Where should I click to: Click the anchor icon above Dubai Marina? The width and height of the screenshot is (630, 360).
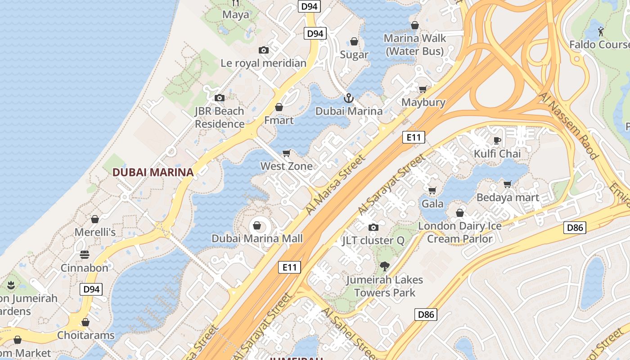coord(348,98)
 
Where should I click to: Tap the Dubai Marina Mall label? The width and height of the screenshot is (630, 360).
coord(257,238)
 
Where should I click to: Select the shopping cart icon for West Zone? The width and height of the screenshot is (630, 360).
coord(287,153)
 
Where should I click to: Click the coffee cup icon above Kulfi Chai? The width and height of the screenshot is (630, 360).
coord(497,140)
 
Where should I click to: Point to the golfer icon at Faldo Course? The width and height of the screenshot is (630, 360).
coord(601,31)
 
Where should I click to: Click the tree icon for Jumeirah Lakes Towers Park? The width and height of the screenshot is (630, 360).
coord(384,266)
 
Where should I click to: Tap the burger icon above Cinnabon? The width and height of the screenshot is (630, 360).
coord(84,255)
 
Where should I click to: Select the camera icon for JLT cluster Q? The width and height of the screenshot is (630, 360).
coord(373,227)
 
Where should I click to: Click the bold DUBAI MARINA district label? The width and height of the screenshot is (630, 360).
coord(153,172)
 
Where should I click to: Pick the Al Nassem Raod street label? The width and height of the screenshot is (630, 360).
coord(569,126)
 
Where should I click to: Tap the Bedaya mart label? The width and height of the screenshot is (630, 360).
coord(508,198)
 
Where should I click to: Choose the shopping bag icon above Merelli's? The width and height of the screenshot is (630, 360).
coord(95,219)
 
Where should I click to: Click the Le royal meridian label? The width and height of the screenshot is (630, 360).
coord(263,63)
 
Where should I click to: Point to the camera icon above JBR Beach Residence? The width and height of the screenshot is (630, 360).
coord(219,98)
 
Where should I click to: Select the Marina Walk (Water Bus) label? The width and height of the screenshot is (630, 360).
coord(414,45)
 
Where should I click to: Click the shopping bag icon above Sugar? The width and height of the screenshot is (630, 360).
coord(354,41)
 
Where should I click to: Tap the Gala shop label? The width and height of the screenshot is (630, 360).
coord(432,204)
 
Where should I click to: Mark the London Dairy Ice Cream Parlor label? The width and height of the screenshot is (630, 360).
coord(460,232)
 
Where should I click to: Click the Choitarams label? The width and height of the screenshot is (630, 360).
coord(85,335)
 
